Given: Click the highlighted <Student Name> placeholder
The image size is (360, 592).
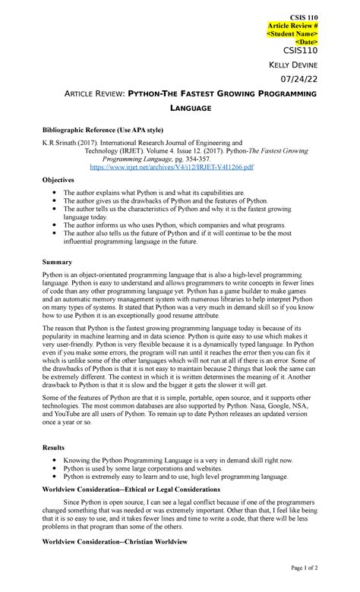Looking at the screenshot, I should pos(292,33).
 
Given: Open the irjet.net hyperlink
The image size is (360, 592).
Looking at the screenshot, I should pos(172,166).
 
